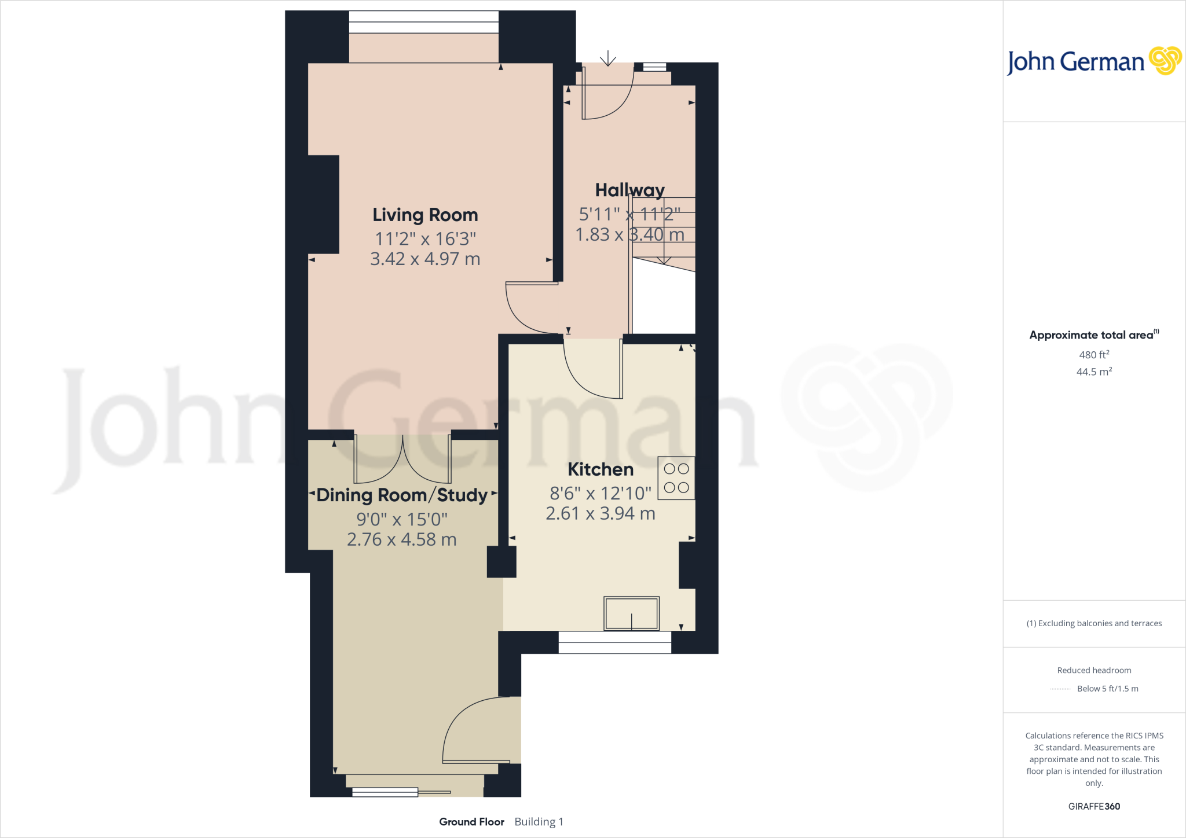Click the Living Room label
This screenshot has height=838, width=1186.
click(x=425, y=215)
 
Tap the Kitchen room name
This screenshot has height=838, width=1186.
click(x=601, y=469)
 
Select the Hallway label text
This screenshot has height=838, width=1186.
click(x=629, y=190)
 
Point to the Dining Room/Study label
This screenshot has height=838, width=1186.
click(x=402, y=495)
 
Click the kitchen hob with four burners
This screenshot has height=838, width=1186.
click(x=676, y=479)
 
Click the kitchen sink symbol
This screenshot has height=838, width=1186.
click(x=631, y=613)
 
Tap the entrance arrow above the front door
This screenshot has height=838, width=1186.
click(x=607, y=58)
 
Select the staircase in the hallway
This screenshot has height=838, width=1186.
click(x=664, y=231)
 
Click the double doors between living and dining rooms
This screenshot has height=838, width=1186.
click(x=402, y=460)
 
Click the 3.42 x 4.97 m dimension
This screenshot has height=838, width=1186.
click(x=425, y=259)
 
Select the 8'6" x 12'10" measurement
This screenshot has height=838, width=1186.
click(x=601, y=493)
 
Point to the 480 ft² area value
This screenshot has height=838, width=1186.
click(x=1094, y=355)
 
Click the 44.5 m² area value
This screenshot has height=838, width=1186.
click(x=1094, y=372)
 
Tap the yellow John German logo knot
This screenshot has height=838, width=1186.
click(x=1165, y=61)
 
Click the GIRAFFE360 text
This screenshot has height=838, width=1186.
click(x=1094, y=806)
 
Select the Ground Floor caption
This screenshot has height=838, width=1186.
click(x=471, y=822)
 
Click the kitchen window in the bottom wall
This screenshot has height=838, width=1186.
click(x=614, y=642)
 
